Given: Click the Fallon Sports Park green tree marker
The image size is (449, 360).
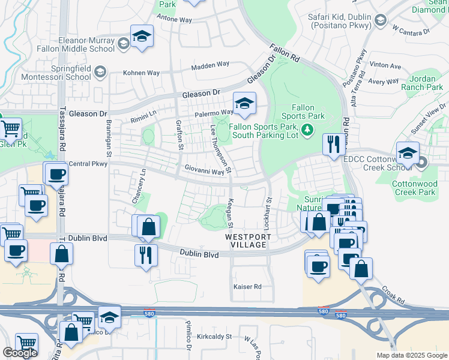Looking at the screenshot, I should coord(308,129).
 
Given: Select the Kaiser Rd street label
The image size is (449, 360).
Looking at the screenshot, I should coord(247,287).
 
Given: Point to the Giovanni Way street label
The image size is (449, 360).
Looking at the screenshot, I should coord(204,170).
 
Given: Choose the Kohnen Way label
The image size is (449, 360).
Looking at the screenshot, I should coord(141,73).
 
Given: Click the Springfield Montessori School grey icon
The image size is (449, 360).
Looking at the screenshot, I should coord(100,72).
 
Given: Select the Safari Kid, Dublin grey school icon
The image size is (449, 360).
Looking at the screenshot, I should coord(380,21).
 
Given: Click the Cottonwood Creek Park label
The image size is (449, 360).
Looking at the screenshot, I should coord(420,189).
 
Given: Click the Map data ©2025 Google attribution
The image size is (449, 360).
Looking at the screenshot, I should coord(411,355).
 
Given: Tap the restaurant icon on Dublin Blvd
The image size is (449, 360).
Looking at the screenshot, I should coord(146,254).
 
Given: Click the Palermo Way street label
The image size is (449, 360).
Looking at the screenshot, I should coord(213,113).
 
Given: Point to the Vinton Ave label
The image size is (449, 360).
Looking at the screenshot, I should coord(385,65).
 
